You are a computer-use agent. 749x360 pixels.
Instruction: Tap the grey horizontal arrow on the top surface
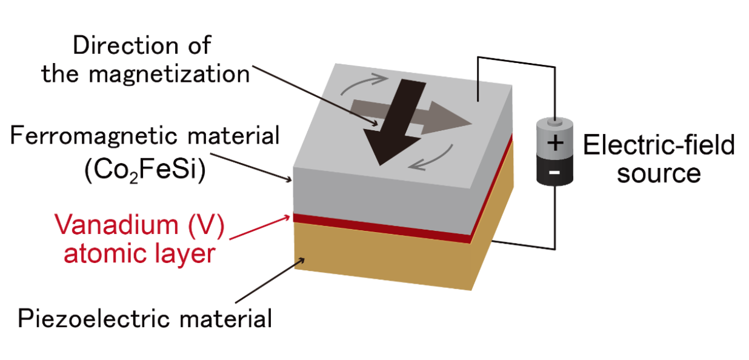click(448, 121)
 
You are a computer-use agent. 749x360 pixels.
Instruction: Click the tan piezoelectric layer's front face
click(382, 261)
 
